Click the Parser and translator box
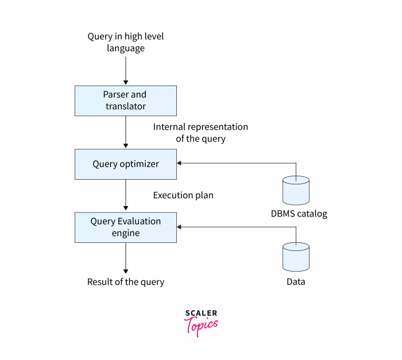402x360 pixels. (x=125, y=100)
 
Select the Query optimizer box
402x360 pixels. (x=125, y=164)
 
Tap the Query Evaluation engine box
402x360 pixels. (x=125, y=227)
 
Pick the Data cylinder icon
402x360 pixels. (x=296, y=257)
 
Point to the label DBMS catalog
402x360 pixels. (x=299, y=214)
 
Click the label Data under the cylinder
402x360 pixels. (x=296, y=282)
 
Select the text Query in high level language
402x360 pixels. (x=125, y=42)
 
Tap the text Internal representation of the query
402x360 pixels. (x=200, y=133)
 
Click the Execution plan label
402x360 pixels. (x=183, y=195)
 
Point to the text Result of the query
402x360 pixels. (x=125, y=282)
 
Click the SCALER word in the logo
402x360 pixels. (x=201, y=313)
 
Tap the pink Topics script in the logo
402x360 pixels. (x=201, y=325)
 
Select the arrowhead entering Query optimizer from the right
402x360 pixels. (x=180, y=164)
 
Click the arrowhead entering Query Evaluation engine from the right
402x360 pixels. (x=180, y=227)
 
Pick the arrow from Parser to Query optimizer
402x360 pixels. (x=125, y=132)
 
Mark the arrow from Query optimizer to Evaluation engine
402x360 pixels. (x=125, y=195)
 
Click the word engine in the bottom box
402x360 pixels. (x=125, y=233)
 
